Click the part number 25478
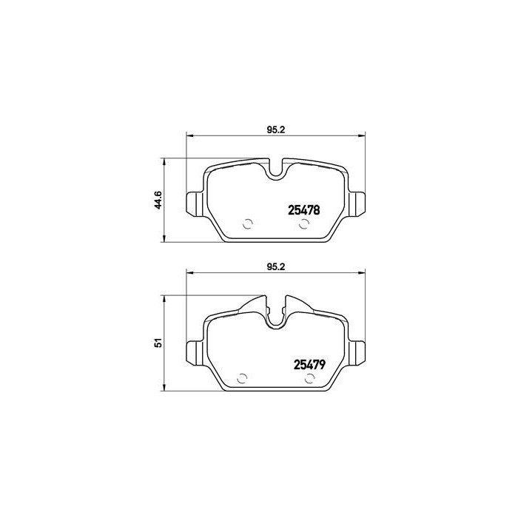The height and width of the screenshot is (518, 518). tap(303, 210)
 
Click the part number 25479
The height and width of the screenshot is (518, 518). tap(303, 365)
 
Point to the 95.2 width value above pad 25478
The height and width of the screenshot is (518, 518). tap(275, 129)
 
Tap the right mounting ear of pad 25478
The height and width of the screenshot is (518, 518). tap(359, 202)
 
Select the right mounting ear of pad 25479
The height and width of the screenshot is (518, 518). tap(359, 351)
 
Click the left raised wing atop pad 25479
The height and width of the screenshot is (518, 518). tap(254, 305)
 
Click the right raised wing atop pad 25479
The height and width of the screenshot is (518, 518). tap(297, 305)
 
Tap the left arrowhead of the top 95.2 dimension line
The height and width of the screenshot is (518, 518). tap(188, 135)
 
